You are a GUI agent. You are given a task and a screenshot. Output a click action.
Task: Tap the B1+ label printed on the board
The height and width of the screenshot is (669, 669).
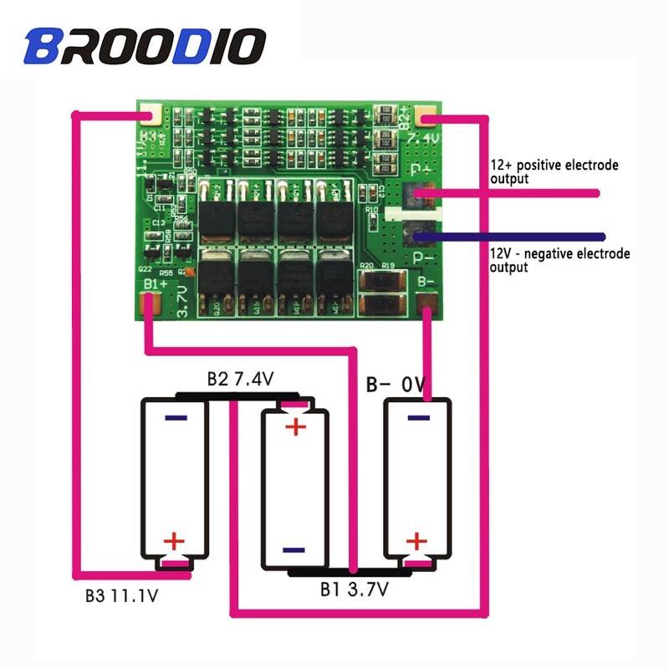click(x=154, y=286)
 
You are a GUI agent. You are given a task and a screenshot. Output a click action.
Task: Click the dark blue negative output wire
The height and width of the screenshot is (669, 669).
click(x=518, y=237)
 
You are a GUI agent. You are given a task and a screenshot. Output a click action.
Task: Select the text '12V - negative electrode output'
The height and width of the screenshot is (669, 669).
click(x=559, y=260)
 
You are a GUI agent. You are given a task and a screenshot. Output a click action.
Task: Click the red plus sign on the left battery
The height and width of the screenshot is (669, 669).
click(x=173, y=542)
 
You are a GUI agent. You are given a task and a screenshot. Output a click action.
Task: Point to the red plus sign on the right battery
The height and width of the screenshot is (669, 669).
click(x=416, y=542)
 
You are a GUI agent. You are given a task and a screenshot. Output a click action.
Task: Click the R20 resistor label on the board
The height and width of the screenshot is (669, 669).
click(x=365, y=266)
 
